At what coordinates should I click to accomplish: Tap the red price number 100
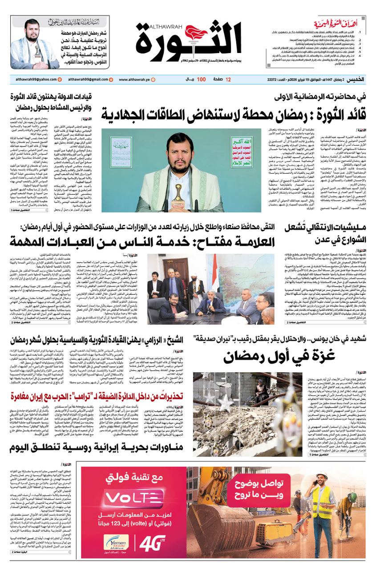point(201,79)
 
